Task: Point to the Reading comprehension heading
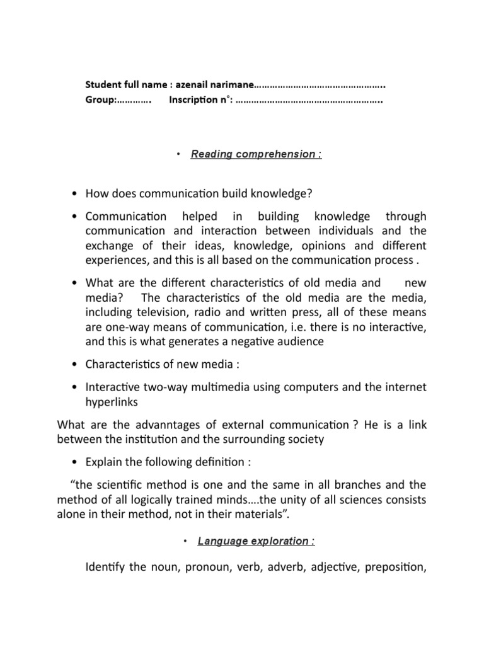[256, 154]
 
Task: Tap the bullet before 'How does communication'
[75, 193]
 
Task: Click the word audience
[296, 341]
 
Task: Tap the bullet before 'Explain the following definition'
[75, 462]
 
